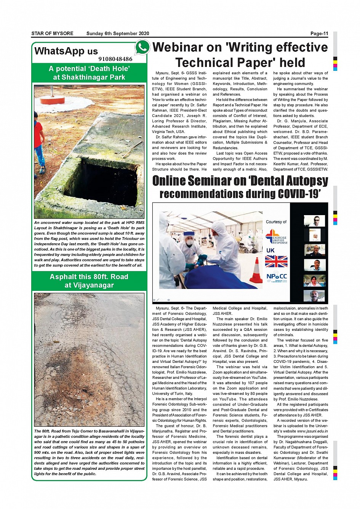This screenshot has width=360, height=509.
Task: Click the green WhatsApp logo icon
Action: coord(142,47)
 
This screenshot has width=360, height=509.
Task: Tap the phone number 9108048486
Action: coord(115,59)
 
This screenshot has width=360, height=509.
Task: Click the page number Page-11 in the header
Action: coord(319,34)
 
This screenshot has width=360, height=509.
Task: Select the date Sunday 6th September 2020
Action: coord(118,34)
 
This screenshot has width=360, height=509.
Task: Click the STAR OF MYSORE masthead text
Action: coord(52,34)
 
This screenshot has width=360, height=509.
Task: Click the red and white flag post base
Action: coord(52,100)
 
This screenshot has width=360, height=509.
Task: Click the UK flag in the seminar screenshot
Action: coord(276,262)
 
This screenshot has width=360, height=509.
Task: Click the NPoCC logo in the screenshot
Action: coord(277,277)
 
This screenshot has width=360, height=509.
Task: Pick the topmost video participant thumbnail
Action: coord(315,221)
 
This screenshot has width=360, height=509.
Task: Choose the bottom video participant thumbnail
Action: coord(315,296)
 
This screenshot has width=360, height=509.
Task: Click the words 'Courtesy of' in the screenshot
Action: coord(276,222)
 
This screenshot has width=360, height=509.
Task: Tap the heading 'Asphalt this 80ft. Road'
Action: coord(89,277)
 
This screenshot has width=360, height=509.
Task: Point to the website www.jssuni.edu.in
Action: coord(312,431)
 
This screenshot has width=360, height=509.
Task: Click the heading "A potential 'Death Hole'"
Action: coord(89,69)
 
